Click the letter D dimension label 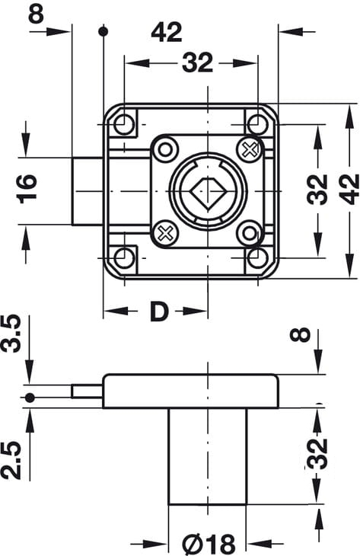(x=159, y=311)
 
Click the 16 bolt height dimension (x=27, y=189)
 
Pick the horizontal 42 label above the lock (x=167, y=32)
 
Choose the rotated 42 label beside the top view (x=349, y=189)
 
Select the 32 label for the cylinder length (x=317, y=454)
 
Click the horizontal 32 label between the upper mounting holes (x=197, y=62)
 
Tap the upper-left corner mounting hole (x=124, y=124)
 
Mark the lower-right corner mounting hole (x=257, y=257)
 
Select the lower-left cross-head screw (x=165, y=233)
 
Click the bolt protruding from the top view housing (x=88, y=191)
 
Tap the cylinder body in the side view (x=207, y=456)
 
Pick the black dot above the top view (x=103, y=31)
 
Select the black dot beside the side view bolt (x=30, y=398)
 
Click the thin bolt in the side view (x=88, y=391)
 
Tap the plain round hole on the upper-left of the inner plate (x=165, y=149)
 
